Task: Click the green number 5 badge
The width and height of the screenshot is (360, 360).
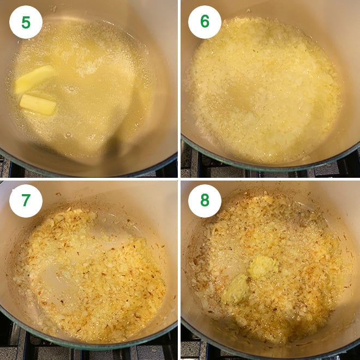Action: point(26,22)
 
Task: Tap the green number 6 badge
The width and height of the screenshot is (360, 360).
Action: point(205,22)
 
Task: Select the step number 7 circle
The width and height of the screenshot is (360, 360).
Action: point(26,201)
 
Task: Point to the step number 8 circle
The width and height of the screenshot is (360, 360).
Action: point(205,201)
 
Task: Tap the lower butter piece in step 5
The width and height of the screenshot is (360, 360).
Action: point(38,104)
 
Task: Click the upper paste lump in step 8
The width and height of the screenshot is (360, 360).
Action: point(262,267)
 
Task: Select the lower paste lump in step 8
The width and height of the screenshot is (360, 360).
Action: point(236,289)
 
